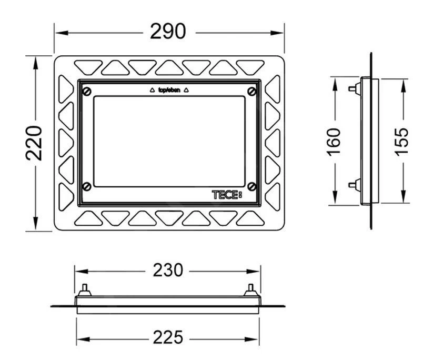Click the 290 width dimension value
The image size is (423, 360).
pos(168,32)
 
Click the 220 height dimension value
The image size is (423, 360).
pos(35,143)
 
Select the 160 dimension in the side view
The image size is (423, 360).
pos(335,142)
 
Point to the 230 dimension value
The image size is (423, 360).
pos(168,271)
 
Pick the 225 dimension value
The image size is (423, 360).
pos(168,337)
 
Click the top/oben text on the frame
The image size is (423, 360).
pos(169,90)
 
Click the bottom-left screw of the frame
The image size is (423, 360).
pos(87,186)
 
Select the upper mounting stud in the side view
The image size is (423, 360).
pos(352,88)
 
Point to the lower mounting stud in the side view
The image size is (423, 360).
pos(352,184)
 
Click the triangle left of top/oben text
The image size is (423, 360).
pos(152,90)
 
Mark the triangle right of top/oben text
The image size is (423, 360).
pos(187,90)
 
